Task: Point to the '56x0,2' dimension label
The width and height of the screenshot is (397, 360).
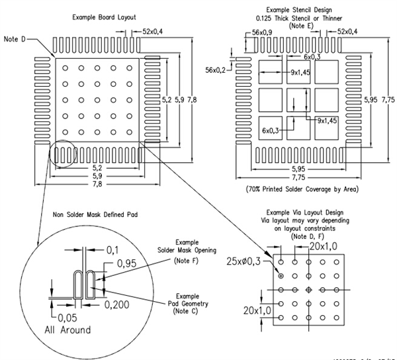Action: (215, 69)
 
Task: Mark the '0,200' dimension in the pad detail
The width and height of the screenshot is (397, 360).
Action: (118, 306)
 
